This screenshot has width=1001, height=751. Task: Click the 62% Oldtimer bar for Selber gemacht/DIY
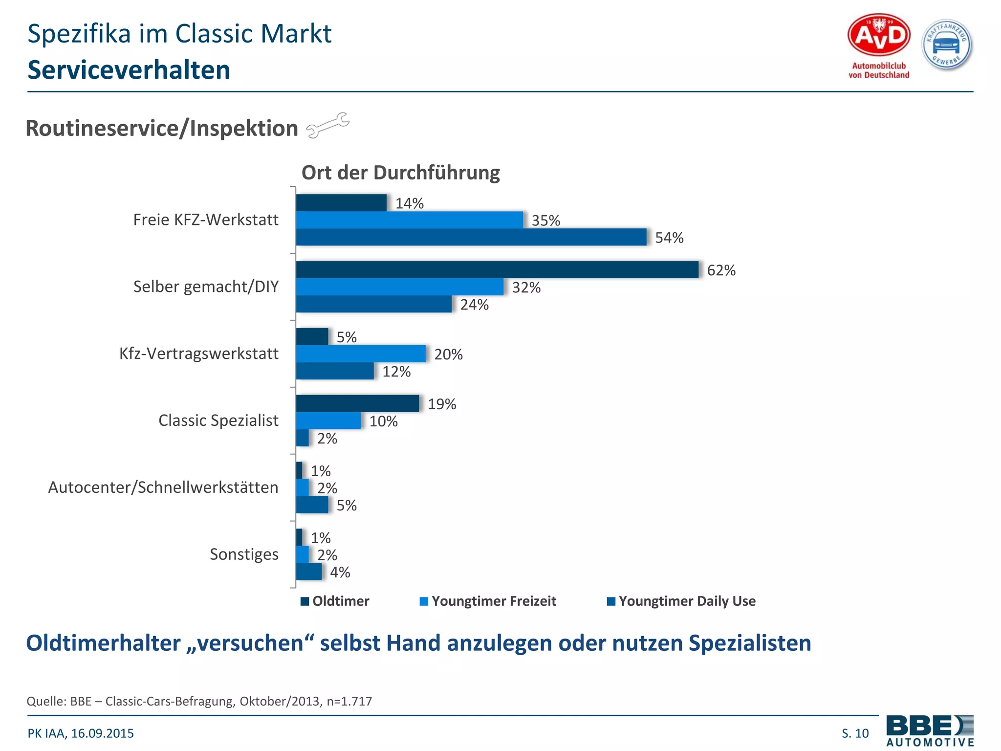[x=497, y=270]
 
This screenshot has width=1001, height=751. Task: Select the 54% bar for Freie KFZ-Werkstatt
[x=471, y=237]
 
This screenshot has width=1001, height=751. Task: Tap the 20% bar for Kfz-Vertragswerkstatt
[x=361, y=353]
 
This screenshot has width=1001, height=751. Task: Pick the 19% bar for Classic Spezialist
[x=357, y=403]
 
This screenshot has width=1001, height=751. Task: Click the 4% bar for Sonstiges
[x=309, y=572]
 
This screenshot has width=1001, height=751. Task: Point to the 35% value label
[x=545, y=221]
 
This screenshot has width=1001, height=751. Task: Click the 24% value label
[x=474, y=305]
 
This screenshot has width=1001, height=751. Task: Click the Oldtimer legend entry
[x=335, y=601]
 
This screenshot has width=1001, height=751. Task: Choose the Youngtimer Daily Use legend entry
[x=681, y=601]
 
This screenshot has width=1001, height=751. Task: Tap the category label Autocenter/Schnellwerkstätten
[x=163, y=487]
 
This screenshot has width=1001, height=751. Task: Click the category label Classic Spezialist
[x=218, y=420]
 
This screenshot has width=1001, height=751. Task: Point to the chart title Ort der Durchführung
[x=400, y=173]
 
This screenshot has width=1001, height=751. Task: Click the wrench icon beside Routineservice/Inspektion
[x=327, y=125]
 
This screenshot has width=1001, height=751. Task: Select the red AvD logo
[x=878, y=35]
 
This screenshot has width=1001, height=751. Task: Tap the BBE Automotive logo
[x=930, y=730]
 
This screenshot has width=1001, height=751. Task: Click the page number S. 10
[x=855, y=733]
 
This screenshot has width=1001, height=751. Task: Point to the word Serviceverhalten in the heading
[x=129, y=70]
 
